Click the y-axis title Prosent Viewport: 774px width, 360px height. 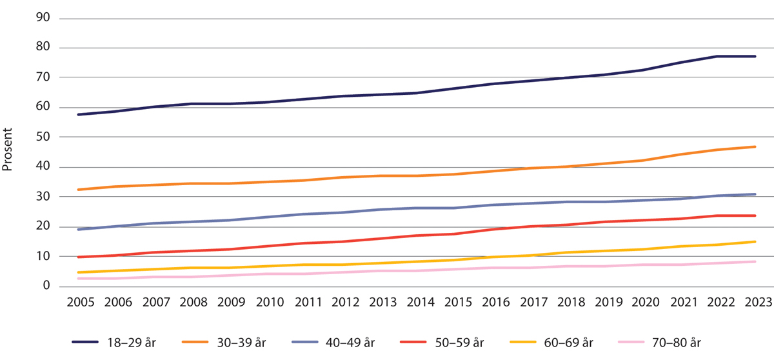8,152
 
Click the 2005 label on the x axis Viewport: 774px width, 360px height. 77,303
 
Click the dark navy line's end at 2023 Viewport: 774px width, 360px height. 755,57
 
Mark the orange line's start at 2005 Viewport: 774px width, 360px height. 77,190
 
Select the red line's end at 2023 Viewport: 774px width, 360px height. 755,215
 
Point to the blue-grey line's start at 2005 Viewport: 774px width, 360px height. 77,229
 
